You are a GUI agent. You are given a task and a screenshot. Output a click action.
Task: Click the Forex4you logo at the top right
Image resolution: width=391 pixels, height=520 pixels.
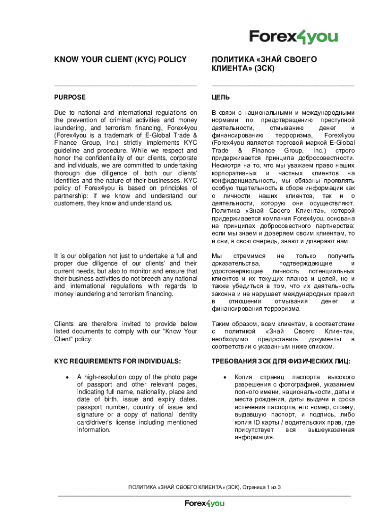point(293,37)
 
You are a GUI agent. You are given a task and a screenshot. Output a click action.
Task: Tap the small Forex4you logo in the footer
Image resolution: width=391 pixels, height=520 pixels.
point(204,503)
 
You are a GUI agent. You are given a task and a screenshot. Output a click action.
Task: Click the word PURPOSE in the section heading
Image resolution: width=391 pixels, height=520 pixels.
point(70,97)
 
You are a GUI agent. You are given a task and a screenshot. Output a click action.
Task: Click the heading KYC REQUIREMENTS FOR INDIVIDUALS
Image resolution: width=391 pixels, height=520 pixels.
point(117,361)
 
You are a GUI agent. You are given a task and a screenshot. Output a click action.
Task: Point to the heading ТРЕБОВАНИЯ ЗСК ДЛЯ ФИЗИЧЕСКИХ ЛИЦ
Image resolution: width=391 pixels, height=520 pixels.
point(281,361)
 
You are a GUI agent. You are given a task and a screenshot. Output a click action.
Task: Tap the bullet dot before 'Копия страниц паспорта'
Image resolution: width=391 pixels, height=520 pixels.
point(225,377)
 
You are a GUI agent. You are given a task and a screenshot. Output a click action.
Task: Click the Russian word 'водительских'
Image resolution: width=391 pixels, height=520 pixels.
point(319,422)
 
